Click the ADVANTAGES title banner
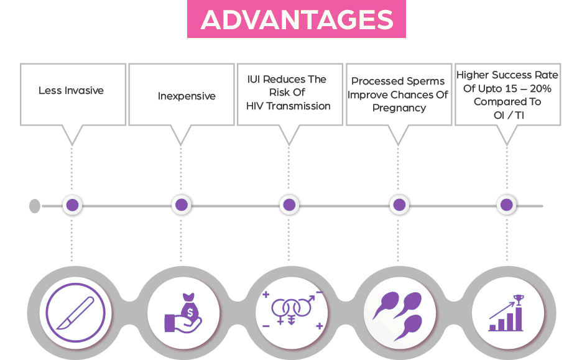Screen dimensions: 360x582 tap(297, 19)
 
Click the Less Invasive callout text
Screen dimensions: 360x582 tap(71, 91)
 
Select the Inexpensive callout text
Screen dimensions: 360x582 tap(187, 96)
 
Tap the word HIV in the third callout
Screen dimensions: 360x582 tap(255, 106)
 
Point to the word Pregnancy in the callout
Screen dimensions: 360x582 tap(399, 108)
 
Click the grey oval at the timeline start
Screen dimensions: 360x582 tap(35, 205)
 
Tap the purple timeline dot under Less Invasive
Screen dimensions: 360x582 tap(72, 205)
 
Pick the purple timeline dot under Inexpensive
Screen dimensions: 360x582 tap(181, 205)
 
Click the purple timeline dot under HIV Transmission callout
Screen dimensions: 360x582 tap(289, 205)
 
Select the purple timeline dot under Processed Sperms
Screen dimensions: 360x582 tap(399, 205)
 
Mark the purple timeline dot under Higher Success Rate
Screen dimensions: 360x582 tap(507, 205)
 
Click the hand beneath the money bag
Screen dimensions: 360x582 tap(180, 323)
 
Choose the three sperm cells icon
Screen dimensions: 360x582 tap(399, 312)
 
